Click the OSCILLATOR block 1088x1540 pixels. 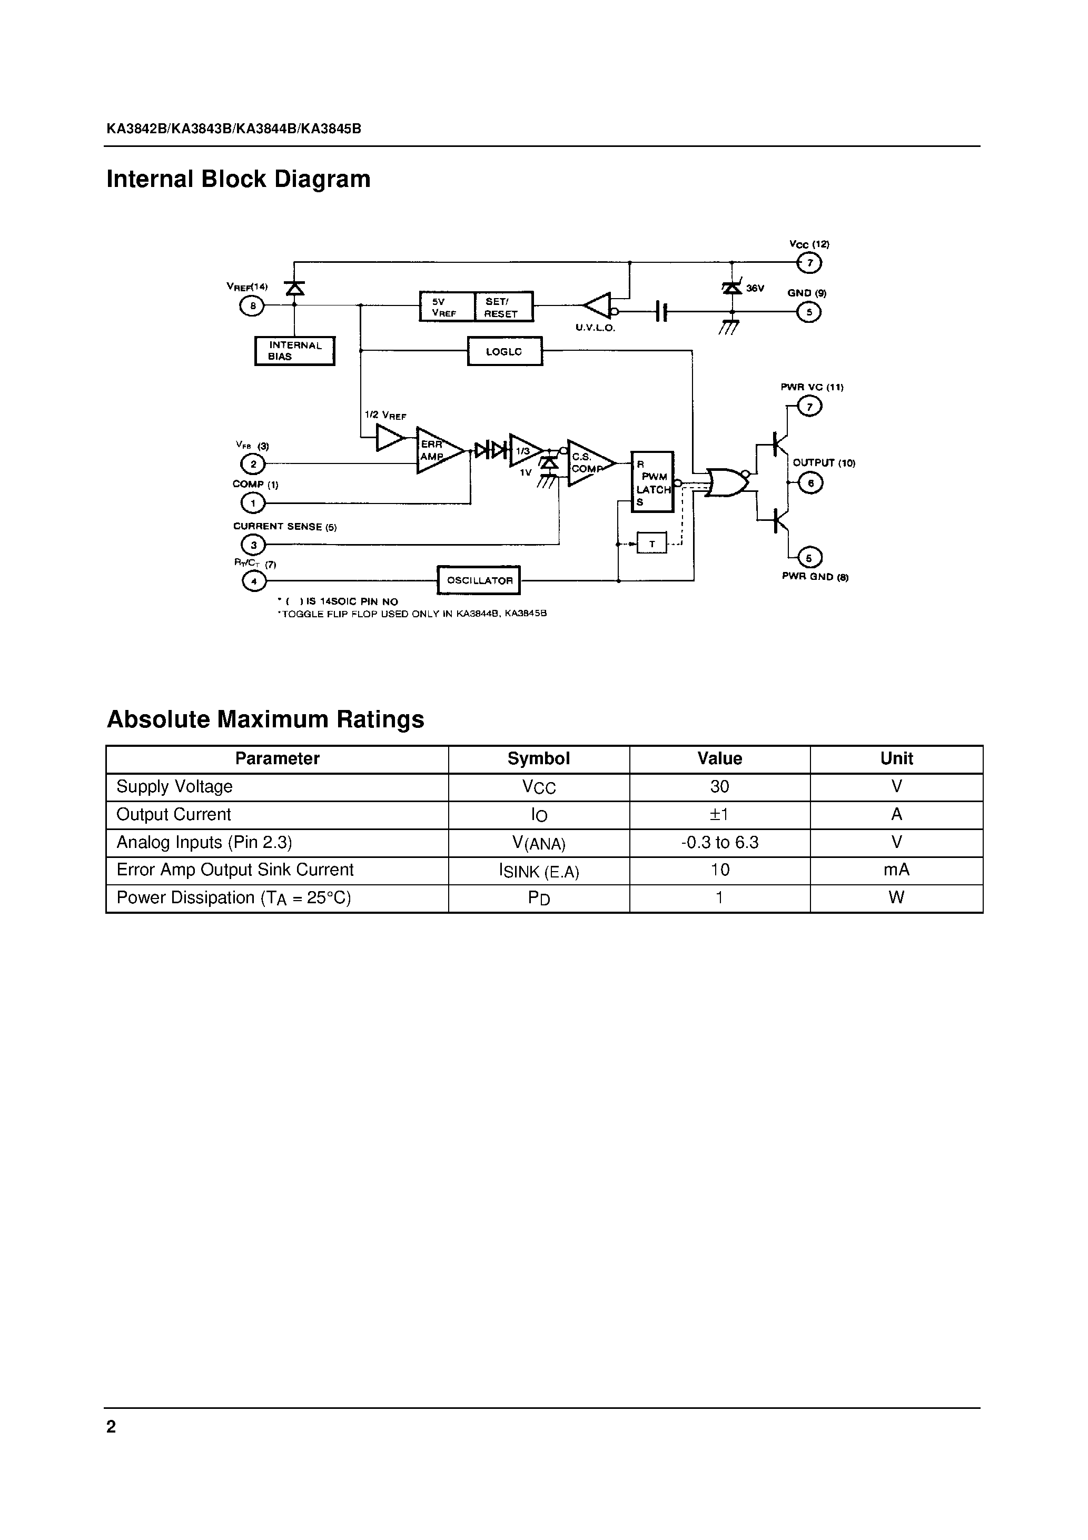478,580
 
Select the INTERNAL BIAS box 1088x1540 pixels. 294,351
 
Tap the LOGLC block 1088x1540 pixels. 505,351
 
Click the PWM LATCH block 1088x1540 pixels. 652,481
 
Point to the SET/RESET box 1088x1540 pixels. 503,307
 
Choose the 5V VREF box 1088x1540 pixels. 447,307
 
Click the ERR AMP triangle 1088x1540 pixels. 436,450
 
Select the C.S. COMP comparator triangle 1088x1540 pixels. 588,463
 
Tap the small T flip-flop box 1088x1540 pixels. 651,544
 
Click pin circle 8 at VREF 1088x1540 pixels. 253,306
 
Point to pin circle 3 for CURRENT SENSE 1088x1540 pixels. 253,545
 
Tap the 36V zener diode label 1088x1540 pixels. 755,289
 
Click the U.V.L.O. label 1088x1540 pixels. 595,329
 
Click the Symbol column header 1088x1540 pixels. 539,758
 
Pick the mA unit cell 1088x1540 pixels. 896,870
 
